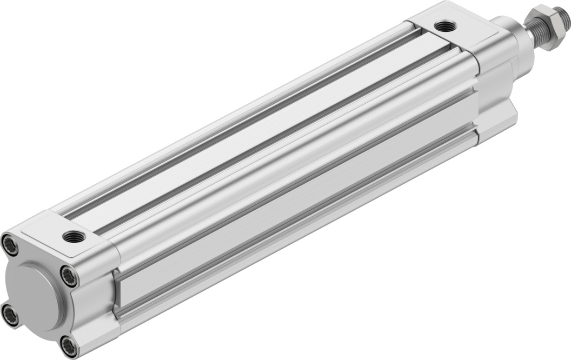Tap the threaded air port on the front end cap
[x=446, y=25]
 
